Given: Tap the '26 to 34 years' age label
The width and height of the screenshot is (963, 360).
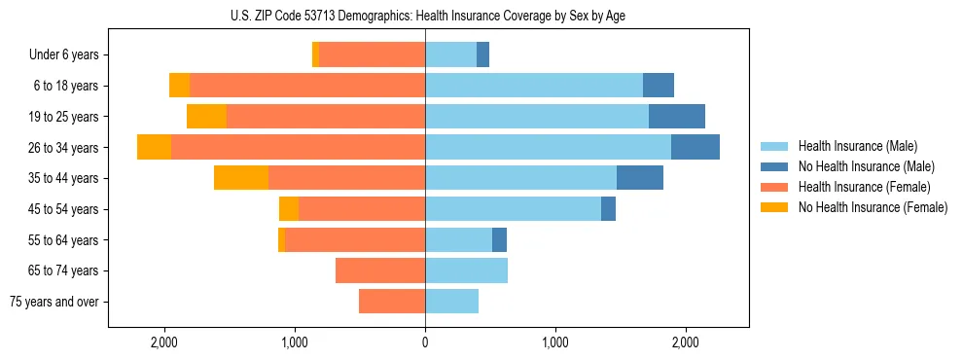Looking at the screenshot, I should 63,148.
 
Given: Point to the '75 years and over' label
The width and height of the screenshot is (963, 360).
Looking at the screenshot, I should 54,302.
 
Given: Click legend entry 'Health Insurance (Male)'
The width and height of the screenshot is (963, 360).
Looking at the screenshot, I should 856,146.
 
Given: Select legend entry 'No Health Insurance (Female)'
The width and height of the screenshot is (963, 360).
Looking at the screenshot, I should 873,207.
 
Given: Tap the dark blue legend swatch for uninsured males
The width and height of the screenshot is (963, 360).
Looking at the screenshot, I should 774,166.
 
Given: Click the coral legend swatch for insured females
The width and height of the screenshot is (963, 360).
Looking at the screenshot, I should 774,187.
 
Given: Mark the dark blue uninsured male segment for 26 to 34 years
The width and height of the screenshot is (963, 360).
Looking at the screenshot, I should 695,147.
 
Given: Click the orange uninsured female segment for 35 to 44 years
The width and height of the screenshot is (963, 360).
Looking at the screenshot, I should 241,178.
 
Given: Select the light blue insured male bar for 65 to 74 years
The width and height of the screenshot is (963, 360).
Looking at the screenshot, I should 466,270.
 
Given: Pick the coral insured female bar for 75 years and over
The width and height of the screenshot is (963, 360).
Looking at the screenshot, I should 392,302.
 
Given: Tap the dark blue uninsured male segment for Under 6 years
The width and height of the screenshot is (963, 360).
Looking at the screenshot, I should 482,54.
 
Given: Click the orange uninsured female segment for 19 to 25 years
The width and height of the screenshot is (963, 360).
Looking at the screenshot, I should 206,117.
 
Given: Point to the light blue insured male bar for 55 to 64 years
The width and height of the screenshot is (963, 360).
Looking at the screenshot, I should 458,239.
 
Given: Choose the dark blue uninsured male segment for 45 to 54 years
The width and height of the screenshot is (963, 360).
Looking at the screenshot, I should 608,209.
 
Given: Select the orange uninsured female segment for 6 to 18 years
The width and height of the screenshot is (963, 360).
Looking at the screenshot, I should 179,86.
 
